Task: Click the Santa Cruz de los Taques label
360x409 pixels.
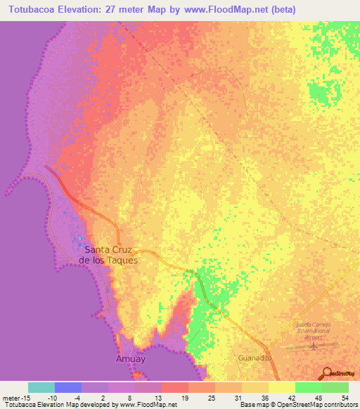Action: (111, 254)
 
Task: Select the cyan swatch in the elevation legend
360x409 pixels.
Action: (41, 387)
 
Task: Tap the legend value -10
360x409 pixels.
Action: (53, 398)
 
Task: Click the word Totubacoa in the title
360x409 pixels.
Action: (32, 10)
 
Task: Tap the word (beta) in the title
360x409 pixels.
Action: (281, 10)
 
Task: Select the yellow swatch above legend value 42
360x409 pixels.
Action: (282, 387)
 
